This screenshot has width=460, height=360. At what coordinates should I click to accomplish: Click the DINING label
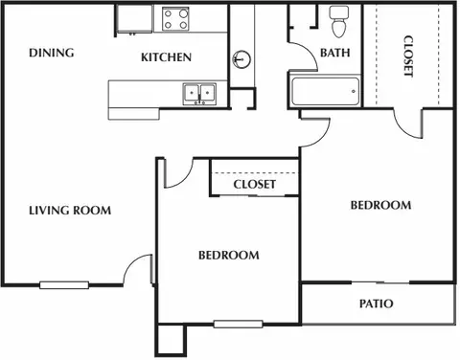52,53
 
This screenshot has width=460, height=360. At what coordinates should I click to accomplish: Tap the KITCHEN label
166,57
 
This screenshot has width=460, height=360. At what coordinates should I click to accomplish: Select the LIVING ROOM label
70,211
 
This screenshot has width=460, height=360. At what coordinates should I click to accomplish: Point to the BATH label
335,53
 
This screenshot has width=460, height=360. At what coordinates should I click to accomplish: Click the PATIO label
377,304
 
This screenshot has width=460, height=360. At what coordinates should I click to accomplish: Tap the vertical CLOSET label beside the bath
408,56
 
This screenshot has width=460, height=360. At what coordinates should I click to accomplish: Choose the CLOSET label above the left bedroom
254,184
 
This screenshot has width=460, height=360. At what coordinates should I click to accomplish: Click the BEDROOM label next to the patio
380,205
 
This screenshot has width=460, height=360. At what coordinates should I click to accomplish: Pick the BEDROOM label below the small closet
229,256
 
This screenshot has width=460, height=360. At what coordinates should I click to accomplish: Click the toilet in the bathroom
339,22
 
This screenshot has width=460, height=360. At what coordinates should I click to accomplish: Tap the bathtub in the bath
325,92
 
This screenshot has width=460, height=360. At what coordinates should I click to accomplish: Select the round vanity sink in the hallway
241,59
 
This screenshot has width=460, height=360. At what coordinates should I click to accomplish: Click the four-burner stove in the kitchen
175,19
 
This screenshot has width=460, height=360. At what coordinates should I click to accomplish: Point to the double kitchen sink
199,94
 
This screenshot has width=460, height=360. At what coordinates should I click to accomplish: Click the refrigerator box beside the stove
134,19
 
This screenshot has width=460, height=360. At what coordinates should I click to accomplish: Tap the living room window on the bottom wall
64,285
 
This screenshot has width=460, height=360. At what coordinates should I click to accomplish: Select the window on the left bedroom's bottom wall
239,325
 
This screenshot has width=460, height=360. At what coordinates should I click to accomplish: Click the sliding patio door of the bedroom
380,282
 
